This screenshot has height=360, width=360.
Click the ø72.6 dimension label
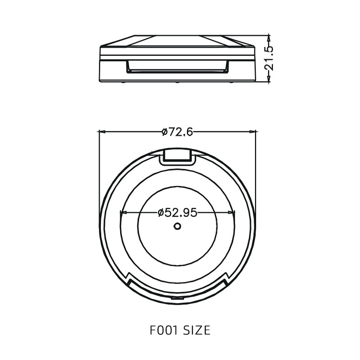pos(177,131)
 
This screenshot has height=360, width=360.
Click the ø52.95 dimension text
pos(178,212)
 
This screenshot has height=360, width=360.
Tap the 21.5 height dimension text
pos(269,58)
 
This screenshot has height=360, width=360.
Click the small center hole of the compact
pos(178,226)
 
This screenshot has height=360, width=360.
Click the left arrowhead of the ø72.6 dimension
pos(101,131)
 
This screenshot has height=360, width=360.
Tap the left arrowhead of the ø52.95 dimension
pos(121,212)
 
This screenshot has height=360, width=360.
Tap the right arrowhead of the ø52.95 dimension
pos(233,212)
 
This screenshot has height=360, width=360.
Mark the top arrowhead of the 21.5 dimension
pos(269,36)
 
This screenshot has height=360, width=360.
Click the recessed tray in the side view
pos(176,67)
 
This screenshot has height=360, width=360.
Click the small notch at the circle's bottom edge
pos(178,298)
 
